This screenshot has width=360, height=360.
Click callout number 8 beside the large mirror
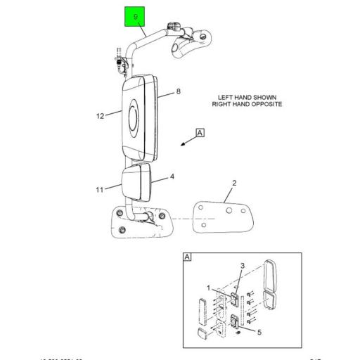click(179, 91)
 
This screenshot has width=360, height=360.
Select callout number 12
click(100, 116)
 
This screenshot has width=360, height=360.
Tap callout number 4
click(172, 177)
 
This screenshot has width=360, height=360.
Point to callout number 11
click(99, 189)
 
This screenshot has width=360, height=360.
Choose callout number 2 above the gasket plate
click(234, 184)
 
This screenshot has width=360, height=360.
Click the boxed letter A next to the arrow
click(200, 133)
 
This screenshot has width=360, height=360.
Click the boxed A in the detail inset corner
click(187, 257)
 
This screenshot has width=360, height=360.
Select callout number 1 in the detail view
click(208, 288)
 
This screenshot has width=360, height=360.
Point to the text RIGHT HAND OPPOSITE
click(247, 103)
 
